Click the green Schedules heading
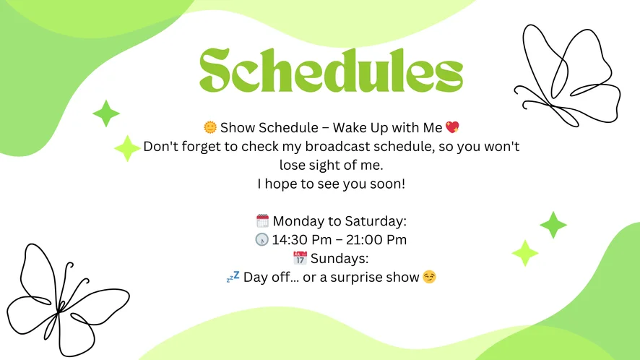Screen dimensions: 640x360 [x=331, y=70]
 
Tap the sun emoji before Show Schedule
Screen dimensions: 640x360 [x=210, y=127]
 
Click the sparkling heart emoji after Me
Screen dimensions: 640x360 [x=452, y=127]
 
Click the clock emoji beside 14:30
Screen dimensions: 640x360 [x=262, y=239]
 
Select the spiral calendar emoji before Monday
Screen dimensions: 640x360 [x=262, y=220]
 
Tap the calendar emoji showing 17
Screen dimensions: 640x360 [x=300, y=258]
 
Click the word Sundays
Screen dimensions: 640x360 [x=340, y=259]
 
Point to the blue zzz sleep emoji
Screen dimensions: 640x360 [x=233, y=277]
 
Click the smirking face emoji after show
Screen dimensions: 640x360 [x=429, y=277]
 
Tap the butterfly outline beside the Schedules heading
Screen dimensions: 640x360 [x=567, y=76]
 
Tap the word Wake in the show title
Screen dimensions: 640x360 [x=350, y=127]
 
